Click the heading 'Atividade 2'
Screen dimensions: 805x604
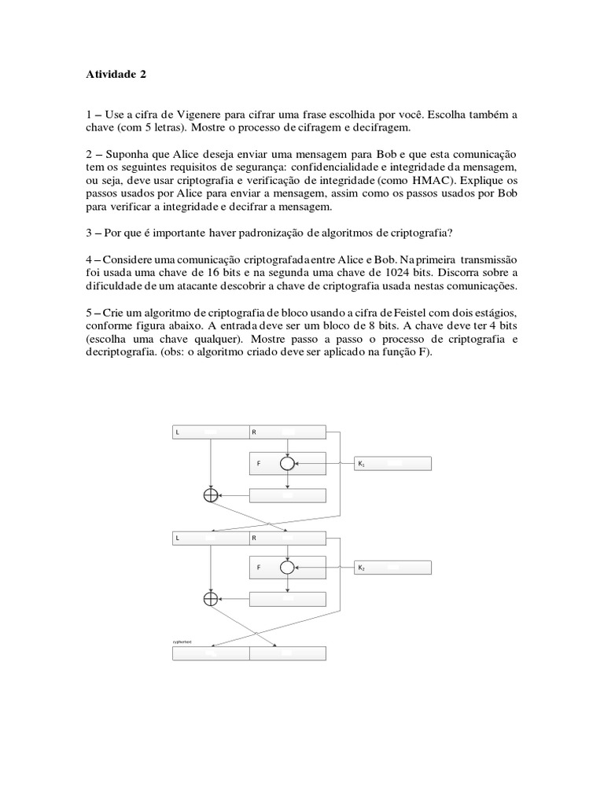(115, 75)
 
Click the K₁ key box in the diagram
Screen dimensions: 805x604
(392, 465)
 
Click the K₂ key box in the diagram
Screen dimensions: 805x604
(392, 567)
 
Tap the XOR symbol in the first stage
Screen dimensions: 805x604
(210, 495)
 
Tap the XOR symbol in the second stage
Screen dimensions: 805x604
(210, 598)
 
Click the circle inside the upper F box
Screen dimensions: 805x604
(287, 465)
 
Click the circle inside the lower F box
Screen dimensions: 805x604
(287, 567)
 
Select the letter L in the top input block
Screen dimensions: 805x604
(178, 432)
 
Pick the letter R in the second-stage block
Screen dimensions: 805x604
(254, 539)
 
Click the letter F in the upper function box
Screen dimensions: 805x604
(258, 465)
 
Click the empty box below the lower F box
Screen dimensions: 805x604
(287, 598)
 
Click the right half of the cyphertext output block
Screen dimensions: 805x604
(287, 653)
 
